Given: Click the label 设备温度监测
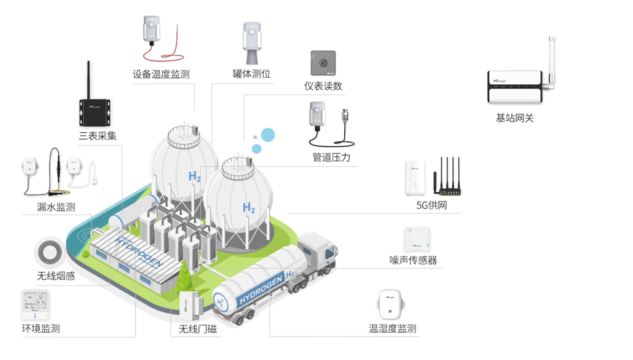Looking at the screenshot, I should click(161, 75).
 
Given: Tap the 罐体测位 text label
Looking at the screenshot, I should click(252, 74).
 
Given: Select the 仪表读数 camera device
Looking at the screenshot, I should click(323, 63).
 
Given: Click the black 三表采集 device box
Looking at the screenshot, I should click(95, 112).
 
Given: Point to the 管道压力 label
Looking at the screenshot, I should click(331, 157).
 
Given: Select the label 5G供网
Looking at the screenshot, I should click(431, 205).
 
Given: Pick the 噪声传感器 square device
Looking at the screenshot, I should click(417, 239).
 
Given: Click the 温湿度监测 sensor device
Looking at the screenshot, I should click(390, 304).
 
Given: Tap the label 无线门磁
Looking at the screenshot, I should click(198, 329).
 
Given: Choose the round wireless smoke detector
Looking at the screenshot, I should click(50, 252).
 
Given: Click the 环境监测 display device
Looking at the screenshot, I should click(35, 305).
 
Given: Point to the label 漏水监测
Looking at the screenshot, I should click(56, 207).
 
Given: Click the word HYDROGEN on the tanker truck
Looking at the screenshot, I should click(261, 290).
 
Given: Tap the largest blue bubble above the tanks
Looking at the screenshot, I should click(268, 135).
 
